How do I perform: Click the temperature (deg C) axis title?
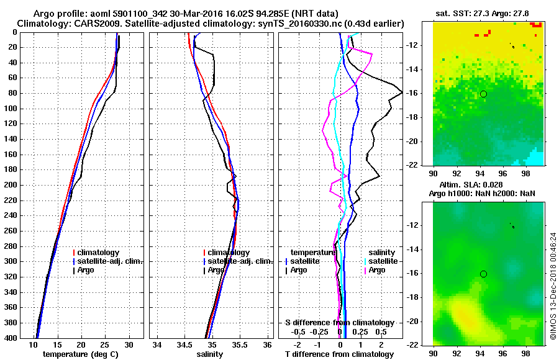pyautogui.click(x=80, y=354)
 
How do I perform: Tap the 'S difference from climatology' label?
pyautogui.click(x=340, y=323)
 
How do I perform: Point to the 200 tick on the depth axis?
pyautogui.click(x=11, y=185)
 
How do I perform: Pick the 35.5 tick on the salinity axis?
pyautogui.click(x=239, y=345)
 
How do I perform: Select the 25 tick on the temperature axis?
pyautogui.click(x=105, y=345)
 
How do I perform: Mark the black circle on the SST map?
pyautogui.click(x=483, y=94)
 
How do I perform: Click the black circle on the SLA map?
pyautogui.click(x=483, y=274)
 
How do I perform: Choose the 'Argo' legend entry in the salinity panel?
pyautogui.click(x=216, y=270)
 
